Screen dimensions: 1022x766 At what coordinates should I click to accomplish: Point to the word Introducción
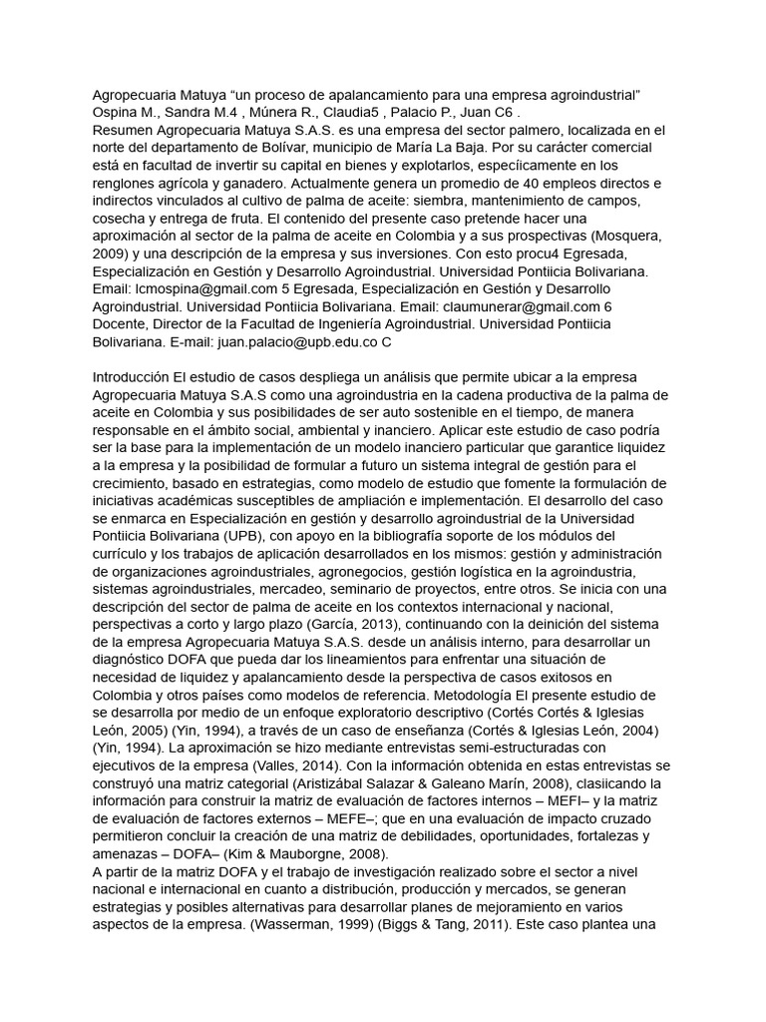coord(131,378)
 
